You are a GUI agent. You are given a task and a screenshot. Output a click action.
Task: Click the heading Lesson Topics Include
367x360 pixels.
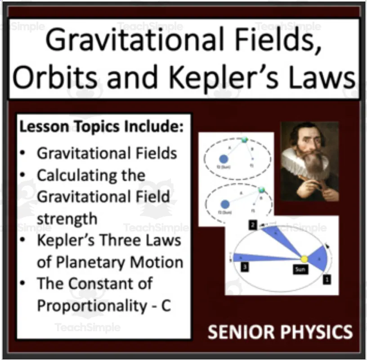tap(101, 126)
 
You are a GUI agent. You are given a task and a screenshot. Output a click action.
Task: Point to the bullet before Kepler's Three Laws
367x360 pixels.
tap(23, 240)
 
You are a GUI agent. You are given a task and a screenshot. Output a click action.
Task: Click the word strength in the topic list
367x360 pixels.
tap(67, 219)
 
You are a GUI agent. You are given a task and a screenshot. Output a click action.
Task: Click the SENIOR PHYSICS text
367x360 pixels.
tap(280, 332)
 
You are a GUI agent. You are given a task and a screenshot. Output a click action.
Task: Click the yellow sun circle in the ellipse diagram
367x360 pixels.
tap(304, 260)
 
